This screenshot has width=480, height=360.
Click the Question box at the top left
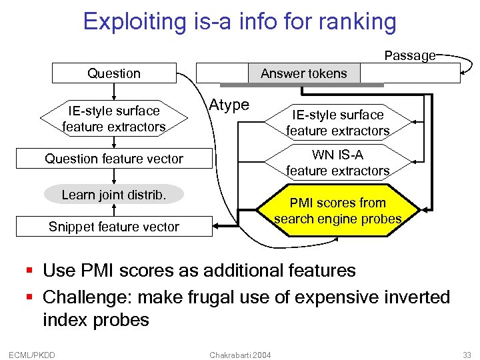click(x=114, y=73)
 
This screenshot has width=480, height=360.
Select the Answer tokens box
click(x=303, y=73)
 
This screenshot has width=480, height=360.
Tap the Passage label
click(x=409, y=56)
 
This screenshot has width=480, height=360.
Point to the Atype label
click(x=229, y=105)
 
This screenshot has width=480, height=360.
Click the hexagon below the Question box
click(x=114, y=119)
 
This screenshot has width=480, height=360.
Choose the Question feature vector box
click(x=114, y=159)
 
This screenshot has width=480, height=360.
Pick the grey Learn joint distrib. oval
click(x=113, y=195)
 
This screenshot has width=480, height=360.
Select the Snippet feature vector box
click(x=114, y=227)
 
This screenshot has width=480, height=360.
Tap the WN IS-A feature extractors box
click(x=337, y=163)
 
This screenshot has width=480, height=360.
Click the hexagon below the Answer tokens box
click(x=337, y=123)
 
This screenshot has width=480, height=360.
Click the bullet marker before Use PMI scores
click(x=29, y=271)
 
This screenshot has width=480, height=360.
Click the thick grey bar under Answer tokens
click(x=301, y=85)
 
